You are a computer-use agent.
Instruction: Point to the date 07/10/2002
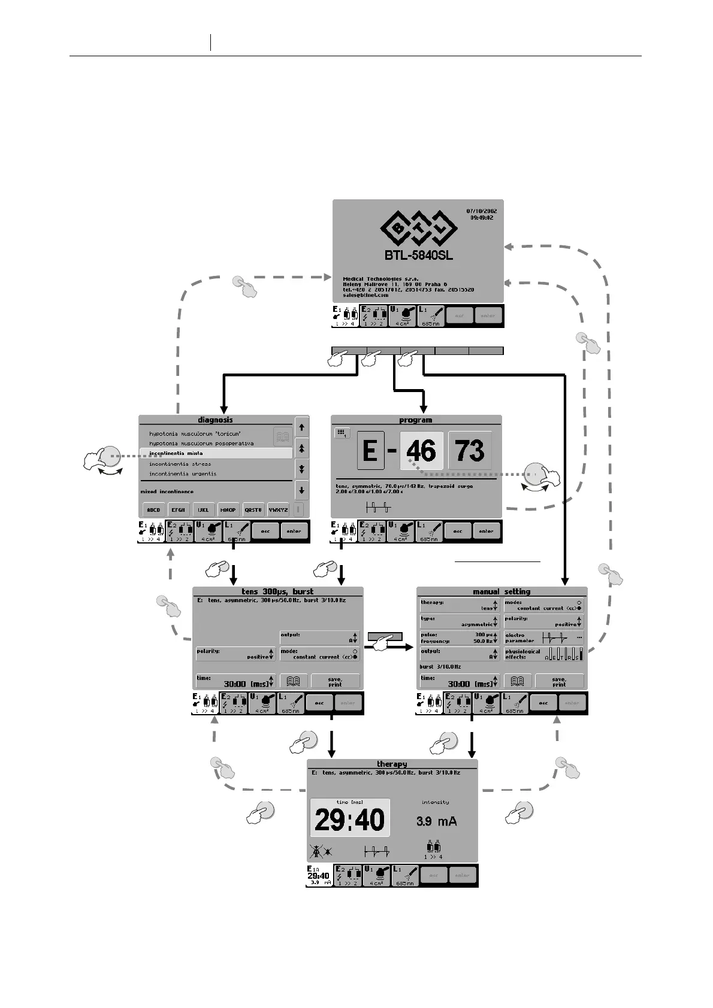[x=481, y=211]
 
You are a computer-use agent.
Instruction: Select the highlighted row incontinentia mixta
[x=216, y=454]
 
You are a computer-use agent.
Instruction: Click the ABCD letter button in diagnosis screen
[x=153, y=510]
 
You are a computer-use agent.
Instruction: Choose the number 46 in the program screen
[x=421, y=451]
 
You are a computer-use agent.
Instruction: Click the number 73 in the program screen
[x=470, y=451]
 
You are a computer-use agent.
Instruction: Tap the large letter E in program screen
[x=370, y=451]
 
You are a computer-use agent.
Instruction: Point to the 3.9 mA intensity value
[x=436, y=821]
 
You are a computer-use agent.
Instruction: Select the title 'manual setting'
[x=501, y=591]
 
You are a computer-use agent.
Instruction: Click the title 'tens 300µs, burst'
[x=277, y=591]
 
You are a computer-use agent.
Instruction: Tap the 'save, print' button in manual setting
[x=558, y=682]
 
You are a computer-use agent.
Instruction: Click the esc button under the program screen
[x=458, y=531]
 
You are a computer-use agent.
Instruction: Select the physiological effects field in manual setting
[x=543, y=654]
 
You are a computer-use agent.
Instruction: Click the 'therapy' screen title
[x=392, y=764]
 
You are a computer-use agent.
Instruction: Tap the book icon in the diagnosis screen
[x=282, y=436]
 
